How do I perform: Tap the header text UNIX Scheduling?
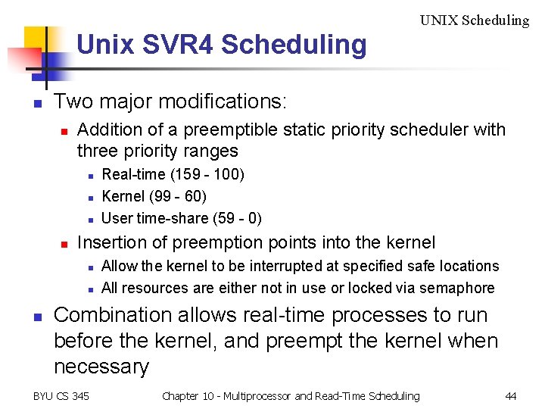(475, 20)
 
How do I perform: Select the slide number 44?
(511, 396)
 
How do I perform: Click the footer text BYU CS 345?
(61, 396)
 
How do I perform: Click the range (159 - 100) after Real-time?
(207, 174)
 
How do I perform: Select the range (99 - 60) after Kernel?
(176, 196)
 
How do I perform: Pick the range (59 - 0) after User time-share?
(234, 218)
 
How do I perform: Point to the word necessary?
(101, 367)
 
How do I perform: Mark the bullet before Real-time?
(89, 176)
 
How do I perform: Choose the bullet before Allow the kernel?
(89, 267)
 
